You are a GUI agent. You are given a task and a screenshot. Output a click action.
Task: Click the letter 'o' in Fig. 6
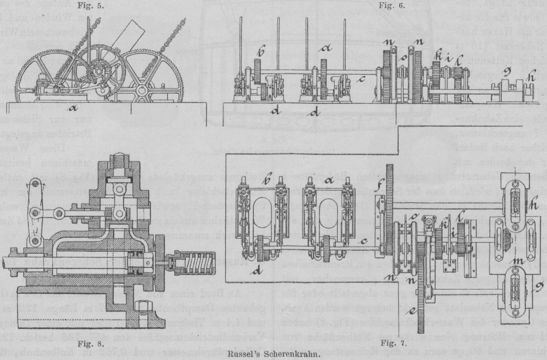[x=402, y=59]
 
